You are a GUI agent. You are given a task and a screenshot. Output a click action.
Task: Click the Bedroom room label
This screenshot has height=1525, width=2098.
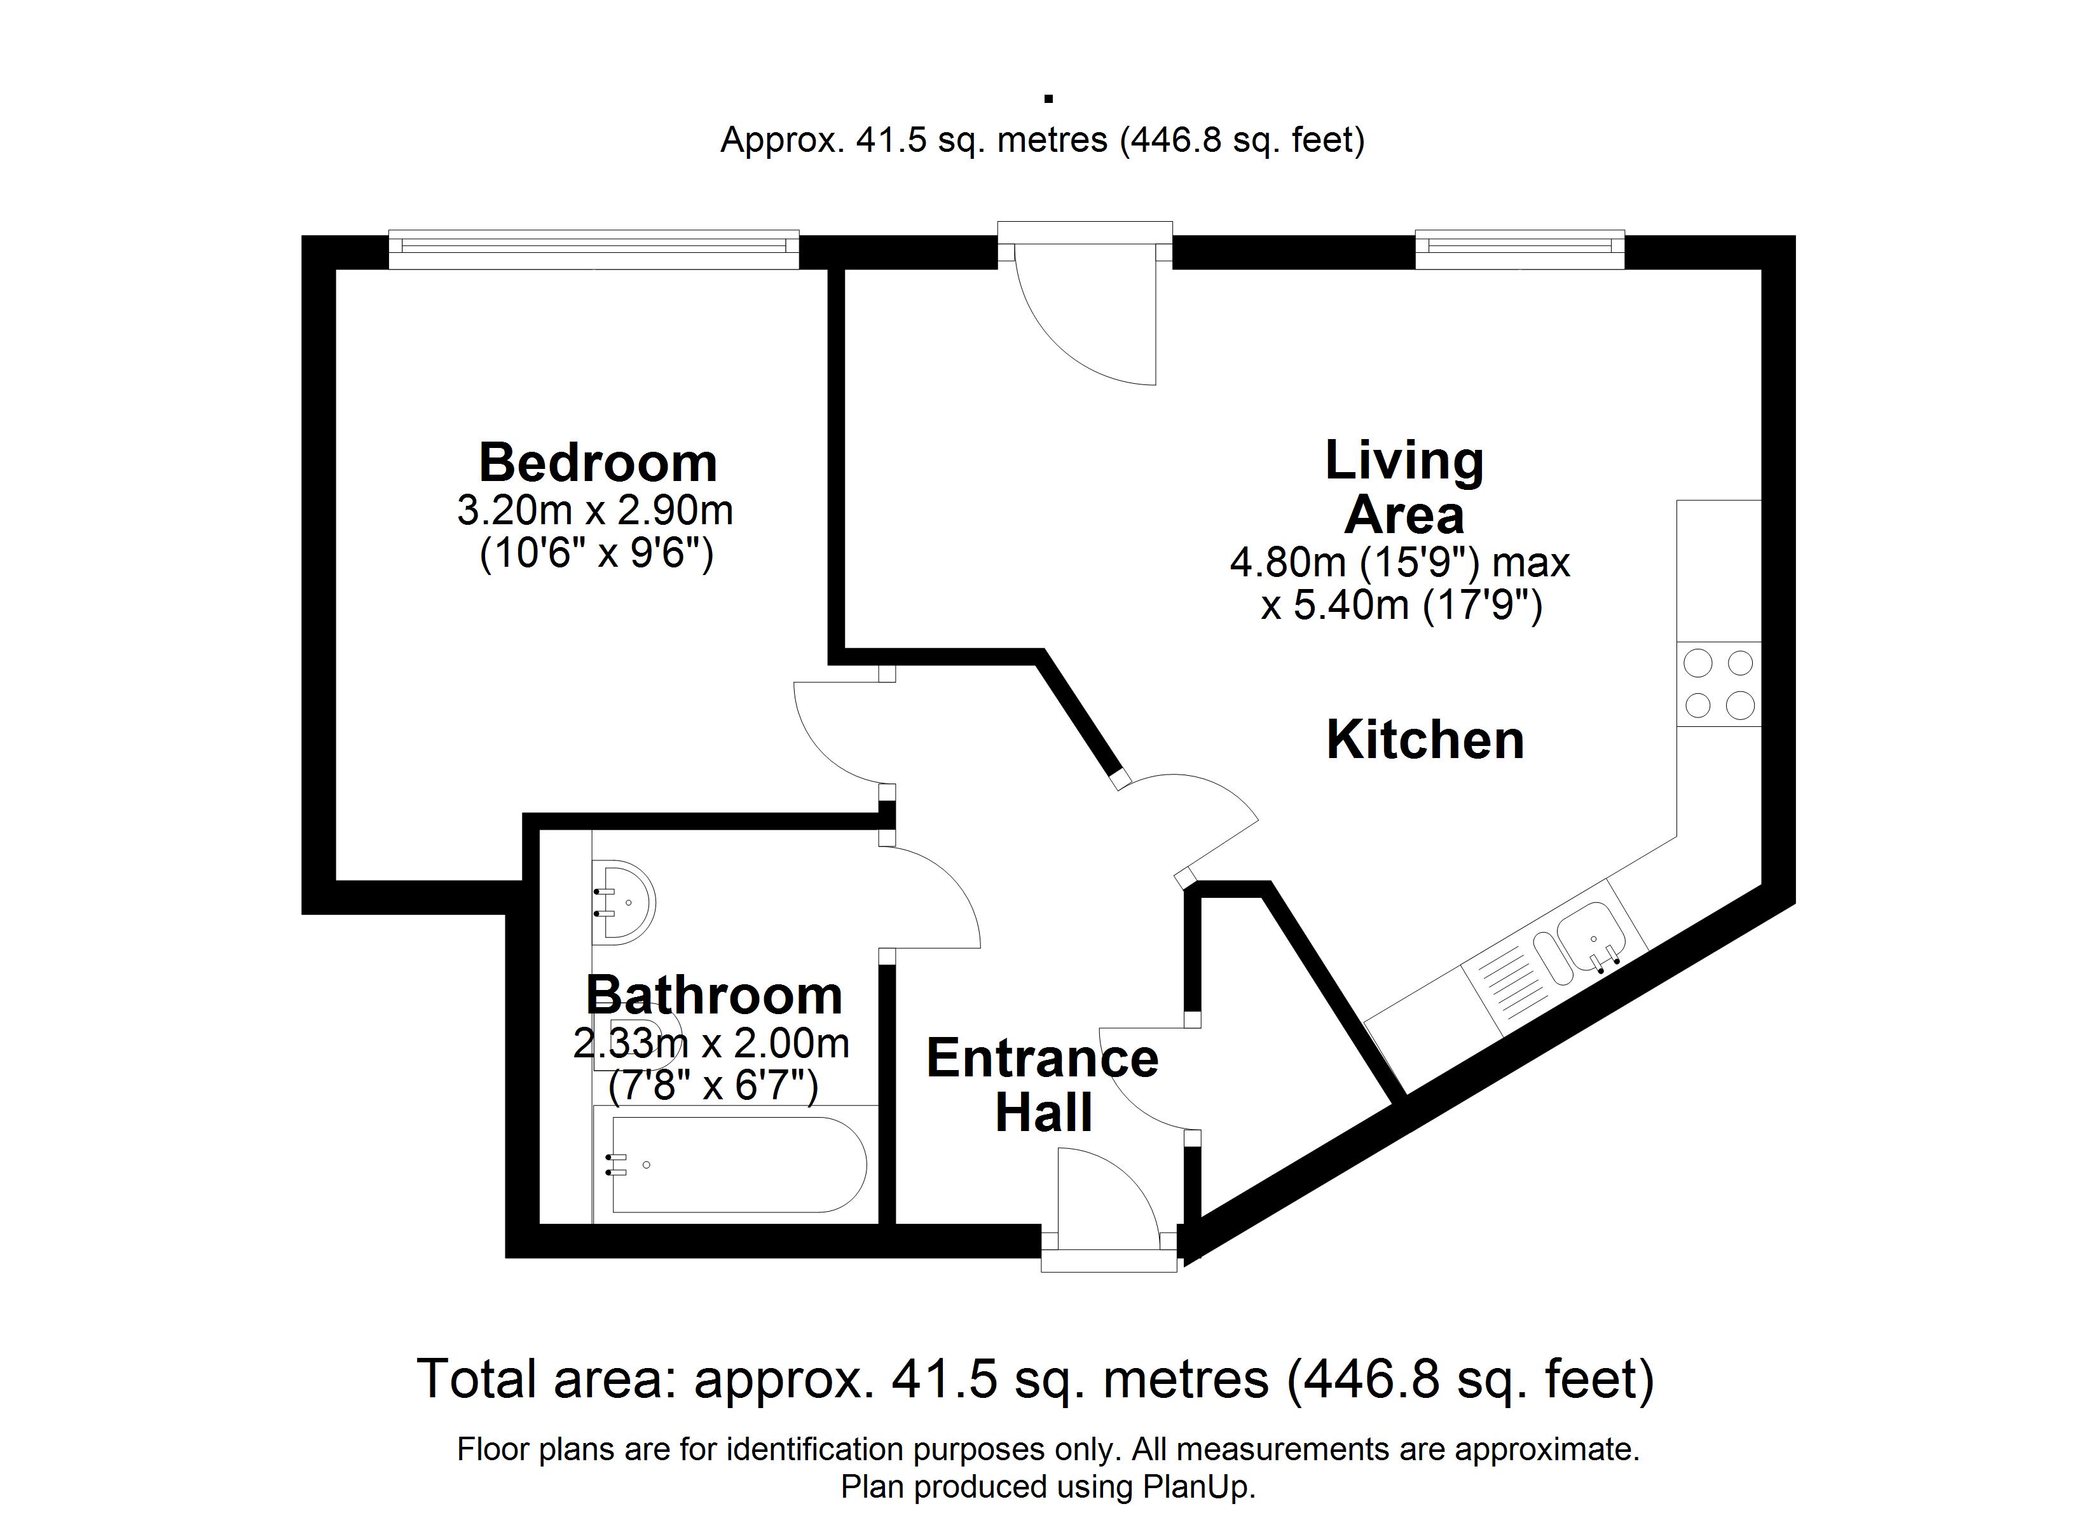point(598,463)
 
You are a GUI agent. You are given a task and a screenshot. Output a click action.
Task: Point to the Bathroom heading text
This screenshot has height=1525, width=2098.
point(714,995)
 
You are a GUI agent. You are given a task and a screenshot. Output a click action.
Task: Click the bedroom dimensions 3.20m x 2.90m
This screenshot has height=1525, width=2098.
point(595,510)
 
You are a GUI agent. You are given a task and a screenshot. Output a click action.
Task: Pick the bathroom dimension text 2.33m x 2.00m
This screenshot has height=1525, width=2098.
point(710,1043)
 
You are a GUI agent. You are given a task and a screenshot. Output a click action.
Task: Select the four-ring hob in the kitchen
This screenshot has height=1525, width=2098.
point(1718,684)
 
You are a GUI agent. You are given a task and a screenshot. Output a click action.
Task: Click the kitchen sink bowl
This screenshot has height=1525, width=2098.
point(1589,936)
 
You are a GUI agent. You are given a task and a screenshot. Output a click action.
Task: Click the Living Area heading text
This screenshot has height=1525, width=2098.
point(1404,487)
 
